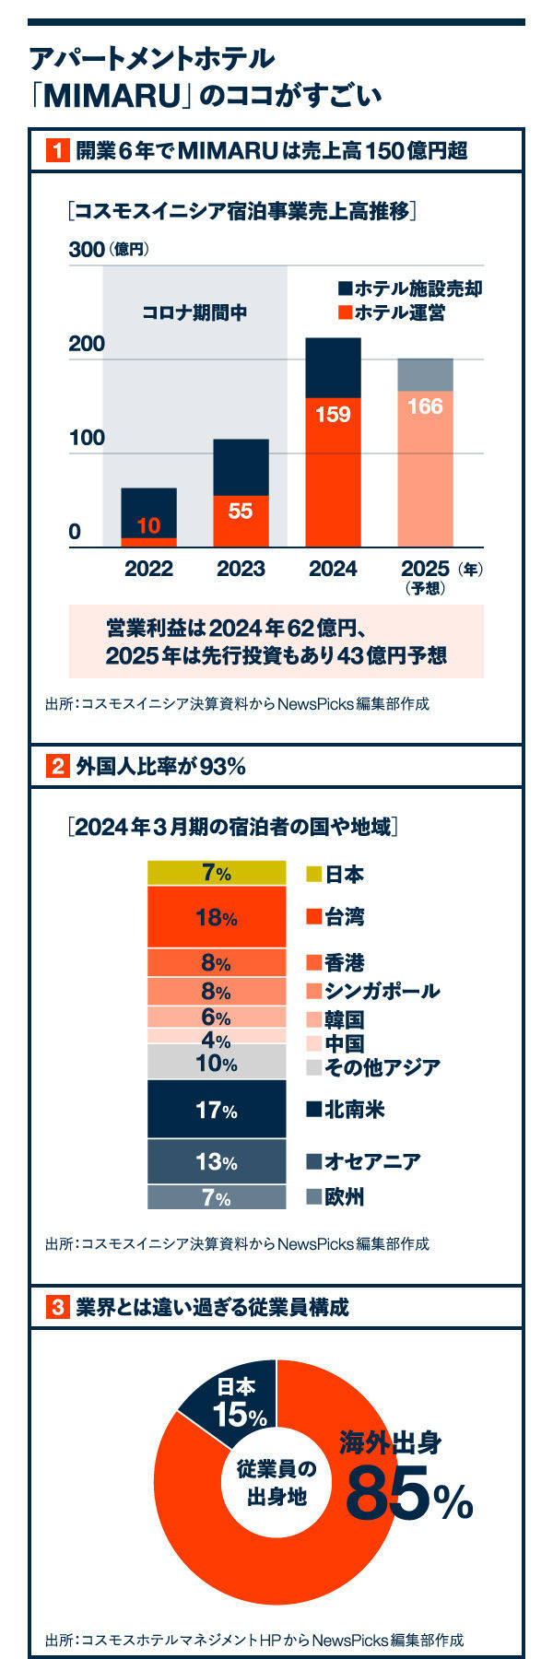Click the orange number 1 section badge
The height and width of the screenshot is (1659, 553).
pyautogui.click(x=57, y=150)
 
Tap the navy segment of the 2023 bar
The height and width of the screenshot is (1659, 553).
pyautogui.click(x=241, y=466)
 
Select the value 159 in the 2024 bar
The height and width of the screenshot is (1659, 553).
pyautogui.click(x=333, y=415)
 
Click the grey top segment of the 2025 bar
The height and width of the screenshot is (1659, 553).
pyautogui.click(x=425, y=374)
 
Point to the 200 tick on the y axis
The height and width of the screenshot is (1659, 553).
pyautogui.click(x=88, y=344)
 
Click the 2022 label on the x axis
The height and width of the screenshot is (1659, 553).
pyautogui.click(x=148, y=569)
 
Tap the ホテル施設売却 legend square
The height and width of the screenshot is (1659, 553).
pyautogui.click(x=346, y=288)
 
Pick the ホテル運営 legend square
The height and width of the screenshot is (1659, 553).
pyautogui.click(x=346, y=312)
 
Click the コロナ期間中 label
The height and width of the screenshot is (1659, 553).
pyautogui.click(x=194, y=312)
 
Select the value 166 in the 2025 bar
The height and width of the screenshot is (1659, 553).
pyautogui.click(x=425, y=406)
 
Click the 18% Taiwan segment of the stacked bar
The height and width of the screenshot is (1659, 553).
pyautogui.click(x=217, y=917)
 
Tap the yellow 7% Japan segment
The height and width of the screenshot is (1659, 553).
pyautogui.click(x=217, y=873)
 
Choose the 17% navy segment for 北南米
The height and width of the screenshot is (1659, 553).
pyautogui.click(x=217, y=1110)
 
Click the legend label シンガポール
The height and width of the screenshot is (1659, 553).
pyautogui.click(x=382, y=991)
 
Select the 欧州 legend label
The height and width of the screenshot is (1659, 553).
pyautogui.click(x=345, y=1197)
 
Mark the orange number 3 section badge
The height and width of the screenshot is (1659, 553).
pyautogui.click(x=57, y=1307)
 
